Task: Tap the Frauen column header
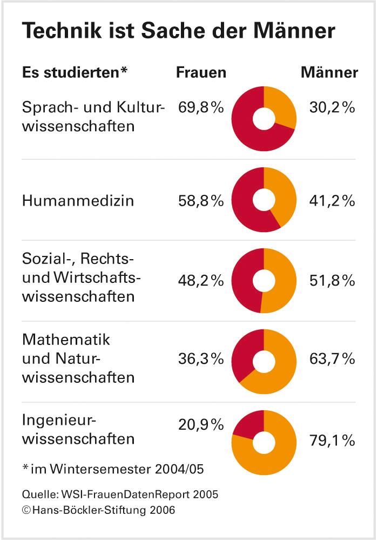tap(201, 73)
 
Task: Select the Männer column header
tap(329, 73)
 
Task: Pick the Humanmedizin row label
tap(78, 201)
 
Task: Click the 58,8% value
tap(201, 201)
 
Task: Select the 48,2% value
tap(201, 281)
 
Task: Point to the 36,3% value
tap(201, 358)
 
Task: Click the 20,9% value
tap(201, 425)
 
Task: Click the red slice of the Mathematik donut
tap(244, 354)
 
